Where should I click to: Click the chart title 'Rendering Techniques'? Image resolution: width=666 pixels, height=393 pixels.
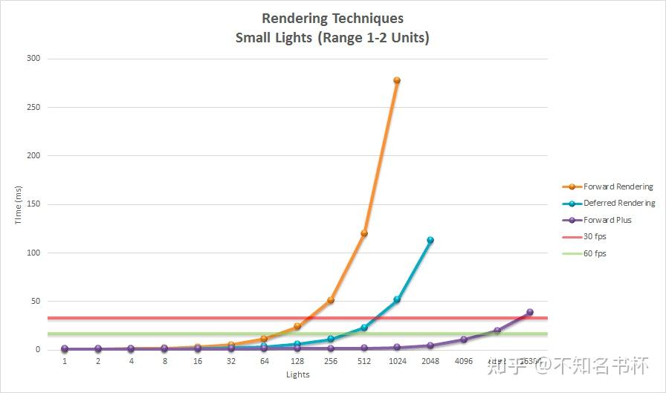332,19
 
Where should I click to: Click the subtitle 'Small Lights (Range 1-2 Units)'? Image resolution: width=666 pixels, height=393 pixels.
332,38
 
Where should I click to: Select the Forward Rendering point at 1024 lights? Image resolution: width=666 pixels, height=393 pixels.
397,80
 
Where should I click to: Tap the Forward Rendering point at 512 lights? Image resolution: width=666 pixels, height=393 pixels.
364,233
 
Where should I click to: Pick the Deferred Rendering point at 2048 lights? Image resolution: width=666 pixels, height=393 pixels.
430,240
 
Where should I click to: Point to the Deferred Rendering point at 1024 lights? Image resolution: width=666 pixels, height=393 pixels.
397,299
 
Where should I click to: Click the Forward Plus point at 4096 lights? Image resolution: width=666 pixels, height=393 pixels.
464,340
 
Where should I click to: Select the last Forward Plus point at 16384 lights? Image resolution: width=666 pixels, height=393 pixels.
530,312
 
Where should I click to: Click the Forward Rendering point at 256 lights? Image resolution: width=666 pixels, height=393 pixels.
331,300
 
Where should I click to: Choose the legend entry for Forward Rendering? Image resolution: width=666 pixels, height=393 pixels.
618,186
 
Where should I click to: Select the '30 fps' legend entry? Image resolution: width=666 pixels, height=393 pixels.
595,236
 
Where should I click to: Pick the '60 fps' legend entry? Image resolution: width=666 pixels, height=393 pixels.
595,253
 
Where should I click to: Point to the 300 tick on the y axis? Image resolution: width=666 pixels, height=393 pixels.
34,59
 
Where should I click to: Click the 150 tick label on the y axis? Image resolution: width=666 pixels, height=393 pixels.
34,204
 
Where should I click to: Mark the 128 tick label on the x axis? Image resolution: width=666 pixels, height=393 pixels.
297,362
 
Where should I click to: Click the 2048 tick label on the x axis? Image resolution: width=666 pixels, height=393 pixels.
430,362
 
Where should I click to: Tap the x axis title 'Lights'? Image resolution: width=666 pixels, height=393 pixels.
297,374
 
